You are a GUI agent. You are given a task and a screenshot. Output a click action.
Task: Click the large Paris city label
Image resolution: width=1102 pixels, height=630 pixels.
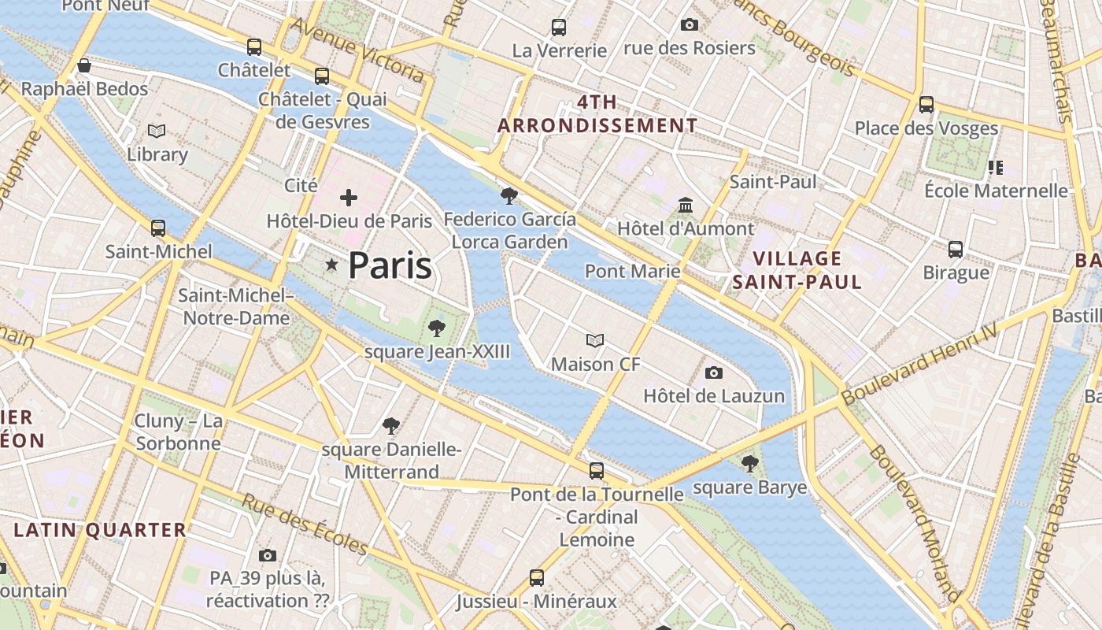[x=390, y=266]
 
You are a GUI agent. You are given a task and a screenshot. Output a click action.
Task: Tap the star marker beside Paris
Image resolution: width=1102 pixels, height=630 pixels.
[x=331, y=266]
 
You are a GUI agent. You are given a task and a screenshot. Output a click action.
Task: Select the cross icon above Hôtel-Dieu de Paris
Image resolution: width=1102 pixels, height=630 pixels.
[x=349, y=198]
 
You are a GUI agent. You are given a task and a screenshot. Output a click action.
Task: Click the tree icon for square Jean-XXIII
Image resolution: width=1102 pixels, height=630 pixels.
[x=436, y=328]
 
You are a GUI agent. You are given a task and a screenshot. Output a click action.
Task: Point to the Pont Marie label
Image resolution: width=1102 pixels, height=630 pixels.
[x=632, y=272]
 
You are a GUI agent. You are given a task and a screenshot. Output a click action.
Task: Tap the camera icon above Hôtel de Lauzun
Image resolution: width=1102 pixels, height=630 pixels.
[x=714, y=372]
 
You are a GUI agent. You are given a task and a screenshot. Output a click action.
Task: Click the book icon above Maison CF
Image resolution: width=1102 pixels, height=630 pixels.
[x=595, y=340]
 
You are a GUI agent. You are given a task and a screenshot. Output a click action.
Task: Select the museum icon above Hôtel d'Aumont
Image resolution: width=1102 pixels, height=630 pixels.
[x=686, y=205]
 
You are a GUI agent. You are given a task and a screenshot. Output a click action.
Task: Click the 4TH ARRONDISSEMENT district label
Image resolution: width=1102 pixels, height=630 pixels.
[x=597, y=114]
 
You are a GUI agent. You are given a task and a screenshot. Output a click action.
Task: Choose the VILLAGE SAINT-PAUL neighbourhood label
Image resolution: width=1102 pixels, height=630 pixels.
[x=797, y=270]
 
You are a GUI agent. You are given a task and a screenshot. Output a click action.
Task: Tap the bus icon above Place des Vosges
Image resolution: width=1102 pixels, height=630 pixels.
[x=926, y=104]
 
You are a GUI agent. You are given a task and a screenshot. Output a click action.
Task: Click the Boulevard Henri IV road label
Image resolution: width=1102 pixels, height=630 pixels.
[x=919, y=365]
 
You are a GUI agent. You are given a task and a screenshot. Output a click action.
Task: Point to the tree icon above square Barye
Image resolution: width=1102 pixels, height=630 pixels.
[x=750, y=463]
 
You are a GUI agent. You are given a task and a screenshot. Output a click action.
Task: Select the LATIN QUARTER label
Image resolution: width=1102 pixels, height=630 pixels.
[x=101, y=530]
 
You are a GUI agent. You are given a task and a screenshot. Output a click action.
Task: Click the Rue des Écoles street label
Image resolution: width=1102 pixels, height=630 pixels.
[x=305, y=524]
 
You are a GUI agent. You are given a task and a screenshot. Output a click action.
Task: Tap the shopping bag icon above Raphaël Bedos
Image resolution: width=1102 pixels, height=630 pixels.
[x=84, y=65]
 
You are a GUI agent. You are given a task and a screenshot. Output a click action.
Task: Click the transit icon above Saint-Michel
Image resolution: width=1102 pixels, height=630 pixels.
[x=158, y=228]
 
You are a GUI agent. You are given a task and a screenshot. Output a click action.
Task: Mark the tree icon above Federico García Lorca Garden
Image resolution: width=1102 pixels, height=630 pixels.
[x=509, y=195]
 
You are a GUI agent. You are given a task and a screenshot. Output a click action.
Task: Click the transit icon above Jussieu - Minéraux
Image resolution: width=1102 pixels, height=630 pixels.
[x=537, y=577]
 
